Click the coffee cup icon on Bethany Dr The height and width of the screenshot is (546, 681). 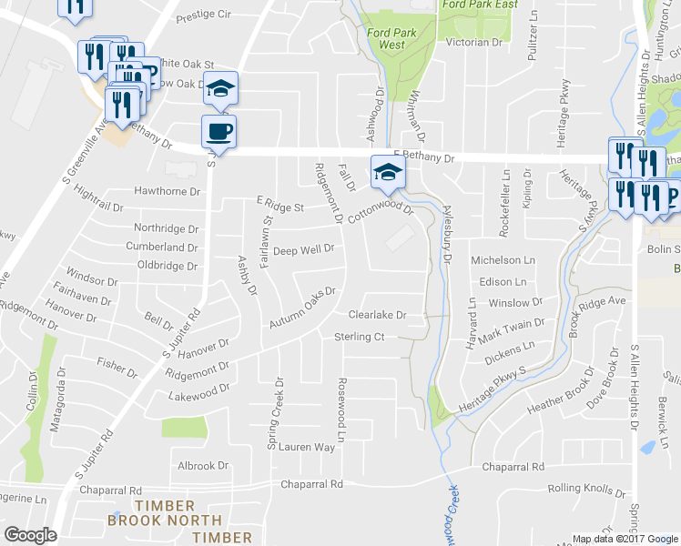(x=219, y=131)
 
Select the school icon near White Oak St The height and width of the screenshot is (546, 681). (x=219, y=88)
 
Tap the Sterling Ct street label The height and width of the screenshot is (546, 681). (x=360, y=337)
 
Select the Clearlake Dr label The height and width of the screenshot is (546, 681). (x=377, y=315)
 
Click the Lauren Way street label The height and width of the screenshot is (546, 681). (x=307, y=447)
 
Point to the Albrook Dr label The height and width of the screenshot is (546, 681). (x=203, y=466)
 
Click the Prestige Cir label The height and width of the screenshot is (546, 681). (x=204, y=15)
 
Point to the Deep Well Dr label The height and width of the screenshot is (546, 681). (x=305, y=250)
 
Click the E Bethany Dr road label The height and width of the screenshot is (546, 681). (x=423, y=157)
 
